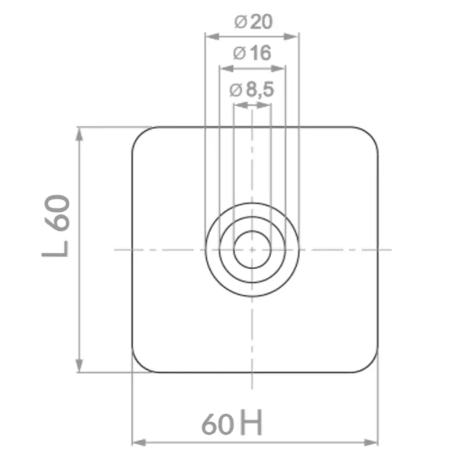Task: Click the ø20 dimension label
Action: coord(253,22)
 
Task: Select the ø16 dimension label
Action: coord(252,53)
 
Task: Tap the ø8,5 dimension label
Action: coord(251,90)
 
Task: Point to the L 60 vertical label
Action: coord(56,225)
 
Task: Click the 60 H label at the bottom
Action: coord(232,423)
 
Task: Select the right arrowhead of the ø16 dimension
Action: coord(278,69)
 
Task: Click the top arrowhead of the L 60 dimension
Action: coord(79,134)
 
